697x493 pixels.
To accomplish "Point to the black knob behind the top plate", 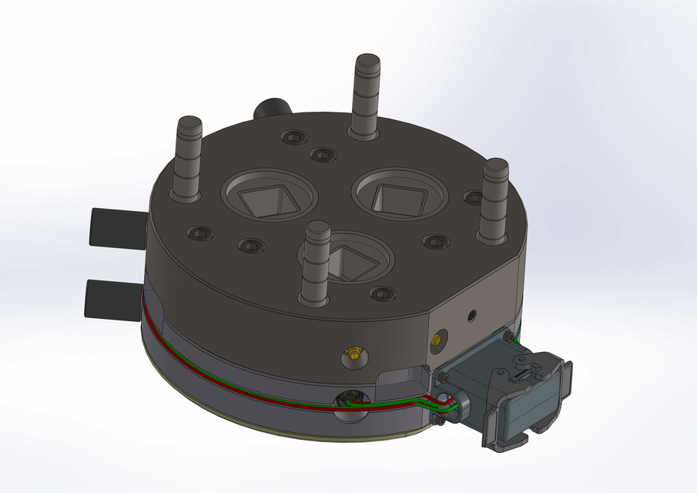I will click(270, 108).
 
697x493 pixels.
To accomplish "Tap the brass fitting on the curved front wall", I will click(353, 354).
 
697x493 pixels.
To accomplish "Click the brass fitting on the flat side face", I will click(439, 338).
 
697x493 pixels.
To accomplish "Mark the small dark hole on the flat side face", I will click(472, 314).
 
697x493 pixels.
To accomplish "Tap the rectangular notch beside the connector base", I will click(402, 378).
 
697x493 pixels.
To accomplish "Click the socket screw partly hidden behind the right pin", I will click(472, 198).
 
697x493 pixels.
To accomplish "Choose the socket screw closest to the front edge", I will click(383, 293).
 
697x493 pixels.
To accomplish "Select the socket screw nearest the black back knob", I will click(293, 137).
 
